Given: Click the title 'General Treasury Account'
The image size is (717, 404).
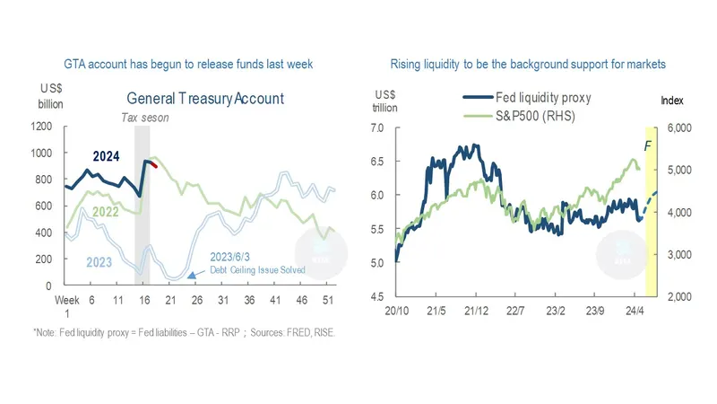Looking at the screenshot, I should [x=204, y=99].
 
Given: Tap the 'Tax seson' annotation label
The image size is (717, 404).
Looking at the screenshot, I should [x=144, y=118].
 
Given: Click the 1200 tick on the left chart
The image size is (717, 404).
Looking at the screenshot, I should [x=41, y=127].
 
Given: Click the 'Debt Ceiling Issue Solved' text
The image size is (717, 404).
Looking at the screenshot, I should [x=257, y=269].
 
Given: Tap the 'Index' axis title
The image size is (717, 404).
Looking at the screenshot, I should [x=673, y=101].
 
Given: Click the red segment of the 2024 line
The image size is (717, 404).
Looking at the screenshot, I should [x=153, y=164].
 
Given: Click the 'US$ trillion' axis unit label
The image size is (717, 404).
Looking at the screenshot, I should [x=385, y=101].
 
